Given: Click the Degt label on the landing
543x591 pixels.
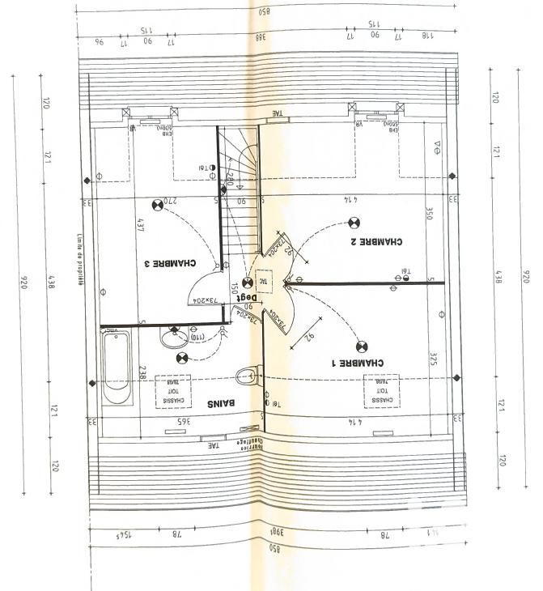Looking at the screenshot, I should [244, 297].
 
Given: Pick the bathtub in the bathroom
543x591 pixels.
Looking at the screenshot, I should [118, 369].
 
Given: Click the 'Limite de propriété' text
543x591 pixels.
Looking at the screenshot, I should [81, 252].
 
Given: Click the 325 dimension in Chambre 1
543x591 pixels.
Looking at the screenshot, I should [433, 359].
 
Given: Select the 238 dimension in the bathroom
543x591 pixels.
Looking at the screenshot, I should [141, 372].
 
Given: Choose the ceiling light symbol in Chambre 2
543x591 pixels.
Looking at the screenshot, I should [353, 223].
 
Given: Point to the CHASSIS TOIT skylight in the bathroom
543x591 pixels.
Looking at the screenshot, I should [172, 391].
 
